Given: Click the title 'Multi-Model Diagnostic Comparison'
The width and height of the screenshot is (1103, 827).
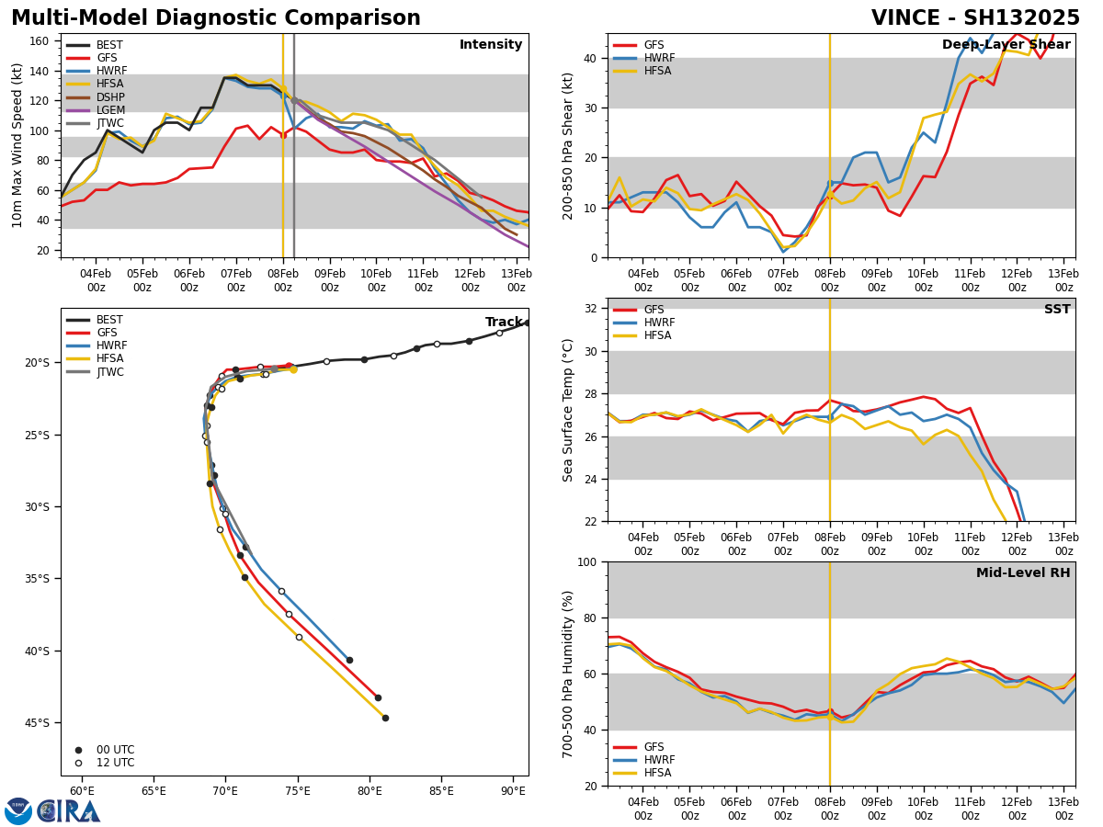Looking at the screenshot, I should pyautogui.click(x=216, y=18).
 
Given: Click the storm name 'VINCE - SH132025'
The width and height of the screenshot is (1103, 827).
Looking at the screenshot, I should pyautogui.click(x=975, y=18).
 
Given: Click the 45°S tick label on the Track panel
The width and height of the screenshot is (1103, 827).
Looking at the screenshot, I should pyautogui.click(x=37, y=723).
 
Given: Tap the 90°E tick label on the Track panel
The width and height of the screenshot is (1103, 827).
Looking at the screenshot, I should pyautogui.click(x=513, y=791).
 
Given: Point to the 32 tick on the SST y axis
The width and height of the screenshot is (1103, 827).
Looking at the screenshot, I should pyautogui.click(x=592, y=309).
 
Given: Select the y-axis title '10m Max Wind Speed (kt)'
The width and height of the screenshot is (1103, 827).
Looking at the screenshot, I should pyautogui.click(x=17, y=145).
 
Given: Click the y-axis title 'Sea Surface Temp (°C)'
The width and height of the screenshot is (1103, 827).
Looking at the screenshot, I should pyautogui.click(x=568, y=410).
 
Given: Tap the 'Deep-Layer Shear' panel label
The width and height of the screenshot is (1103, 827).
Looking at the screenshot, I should pyautogui.click(x=1006, y=45).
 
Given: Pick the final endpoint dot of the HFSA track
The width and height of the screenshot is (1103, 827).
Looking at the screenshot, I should pyautogui.click(x=385, y=718).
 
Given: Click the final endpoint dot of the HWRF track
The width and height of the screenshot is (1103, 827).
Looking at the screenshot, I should pyautogui.click(x=349, y=660).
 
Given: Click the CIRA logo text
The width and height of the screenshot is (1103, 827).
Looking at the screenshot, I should pyautogui.click(x=70, y=811).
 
